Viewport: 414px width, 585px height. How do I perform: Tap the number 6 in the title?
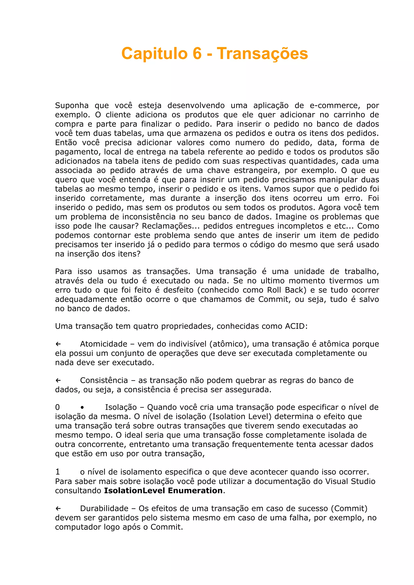[197, 53]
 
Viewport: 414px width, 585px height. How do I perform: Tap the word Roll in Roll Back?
[274, 290]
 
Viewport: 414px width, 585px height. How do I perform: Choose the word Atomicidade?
[103, 344]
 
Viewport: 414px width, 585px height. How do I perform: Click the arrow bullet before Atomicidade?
[58, 344]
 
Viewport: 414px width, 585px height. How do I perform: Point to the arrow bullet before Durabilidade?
[58, 508]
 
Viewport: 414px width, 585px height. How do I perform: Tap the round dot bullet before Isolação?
[82, 407]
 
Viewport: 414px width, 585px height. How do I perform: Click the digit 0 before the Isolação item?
[58, 407]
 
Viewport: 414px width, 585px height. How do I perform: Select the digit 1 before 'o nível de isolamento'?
[58, 472]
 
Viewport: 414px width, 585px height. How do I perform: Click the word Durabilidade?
[104, 508]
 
